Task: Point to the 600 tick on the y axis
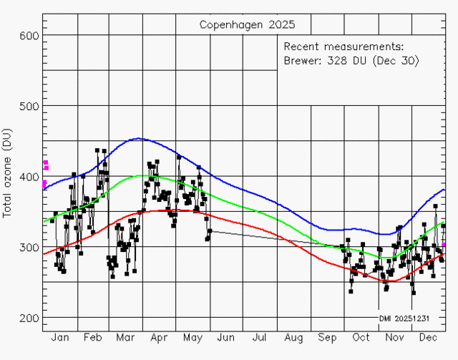30,35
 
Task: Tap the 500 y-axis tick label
30,106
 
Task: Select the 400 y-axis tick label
30,176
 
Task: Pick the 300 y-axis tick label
30,247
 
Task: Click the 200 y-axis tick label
30,318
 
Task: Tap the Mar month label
126,337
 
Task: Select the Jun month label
226,337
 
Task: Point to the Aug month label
293,337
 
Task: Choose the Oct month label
361,337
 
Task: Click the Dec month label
428,337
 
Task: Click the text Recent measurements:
343,47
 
